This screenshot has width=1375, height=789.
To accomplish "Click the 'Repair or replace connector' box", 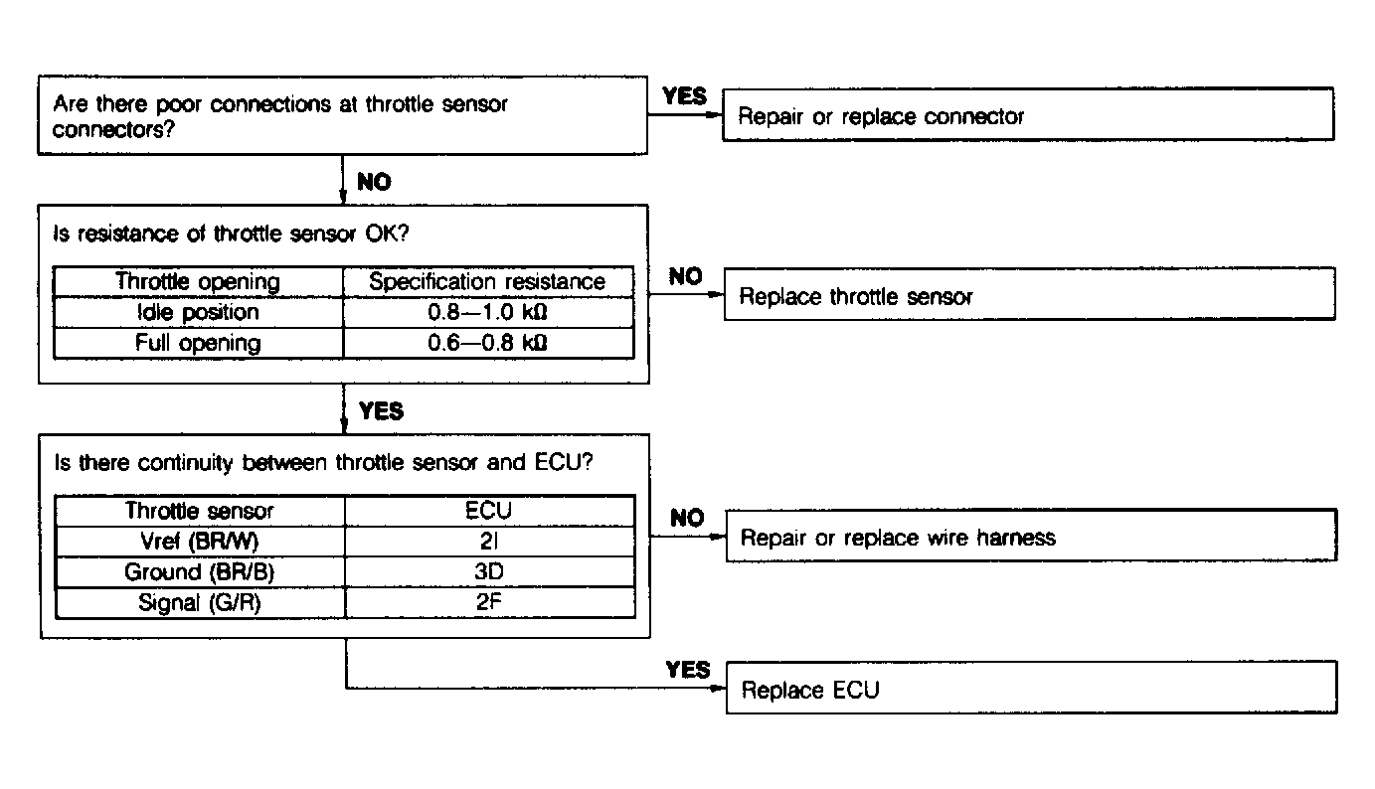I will tap(1027, 115).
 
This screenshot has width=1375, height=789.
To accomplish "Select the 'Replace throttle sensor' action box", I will tap(1029, 296).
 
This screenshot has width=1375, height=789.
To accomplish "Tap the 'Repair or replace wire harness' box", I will tap(1030, 538).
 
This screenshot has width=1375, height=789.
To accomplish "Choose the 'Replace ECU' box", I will tap(1030, 690).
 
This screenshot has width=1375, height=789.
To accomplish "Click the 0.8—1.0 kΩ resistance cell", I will tap(487, 312).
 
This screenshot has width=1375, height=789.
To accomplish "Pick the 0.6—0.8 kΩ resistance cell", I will tap(487, 343).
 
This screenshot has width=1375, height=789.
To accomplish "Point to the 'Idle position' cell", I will tap(198, 312).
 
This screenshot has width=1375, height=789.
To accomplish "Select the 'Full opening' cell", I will tap(198, 343).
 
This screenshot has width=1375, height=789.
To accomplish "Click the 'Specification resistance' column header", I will tap(487, 281).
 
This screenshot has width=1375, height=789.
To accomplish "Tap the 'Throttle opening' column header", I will tap(198, 281).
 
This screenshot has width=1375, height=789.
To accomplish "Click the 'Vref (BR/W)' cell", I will tap(199, 542).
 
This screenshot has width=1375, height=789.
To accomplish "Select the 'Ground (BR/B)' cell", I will tap(199, 572).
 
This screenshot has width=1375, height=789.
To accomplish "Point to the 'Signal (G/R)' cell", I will tap(199, 603).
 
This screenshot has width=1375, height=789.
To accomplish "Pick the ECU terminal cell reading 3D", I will tap(489, 572).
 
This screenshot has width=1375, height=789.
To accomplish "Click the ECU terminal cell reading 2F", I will tap(489, 603).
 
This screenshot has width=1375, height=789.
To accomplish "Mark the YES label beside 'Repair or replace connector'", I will tap(684, 95).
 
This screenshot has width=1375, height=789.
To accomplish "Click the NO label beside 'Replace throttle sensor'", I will tap(685, 277).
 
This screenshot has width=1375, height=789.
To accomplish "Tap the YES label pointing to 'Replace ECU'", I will tap(688, 670).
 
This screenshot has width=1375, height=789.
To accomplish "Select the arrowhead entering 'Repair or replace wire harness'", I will tap(718, 537).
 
